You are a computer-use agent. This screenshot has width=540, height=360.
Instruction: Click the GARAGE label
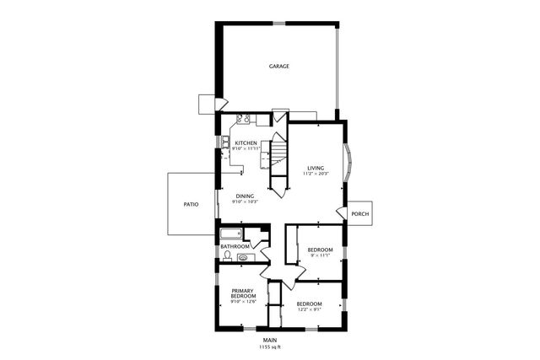click(279, 66)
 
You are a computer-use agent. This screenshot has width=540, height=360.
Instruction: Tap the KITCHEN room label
click(246, 143)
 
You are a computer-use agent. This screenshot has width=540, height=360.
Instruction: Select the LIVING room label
click(316, 168)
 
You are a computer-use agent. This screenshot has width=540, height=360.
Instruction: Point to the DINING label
click(245, 196)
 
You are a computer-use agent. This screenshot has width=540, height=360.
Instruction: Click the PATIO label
click(191, 204)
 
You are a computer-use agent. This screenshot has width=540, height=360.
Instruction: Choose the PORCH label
click(359, 213)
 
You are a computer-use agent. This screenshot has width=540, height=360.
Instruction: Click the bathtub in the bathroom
click(230, 234)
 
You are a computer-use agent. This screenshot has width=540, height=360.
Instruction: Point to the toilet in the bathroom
click(228, 255)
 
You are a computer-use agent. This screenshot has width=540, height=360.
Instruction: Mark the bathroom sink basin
click(243, 257)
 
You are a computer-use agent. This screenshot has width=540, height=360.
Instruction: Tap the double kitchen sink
click(224, 141)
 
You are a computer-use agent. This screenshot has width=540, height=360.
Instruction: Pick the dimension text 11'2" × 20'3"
click(316, 174)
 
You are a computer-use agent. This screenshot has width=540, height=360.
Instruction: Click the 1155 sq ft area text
click(269, 346)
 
